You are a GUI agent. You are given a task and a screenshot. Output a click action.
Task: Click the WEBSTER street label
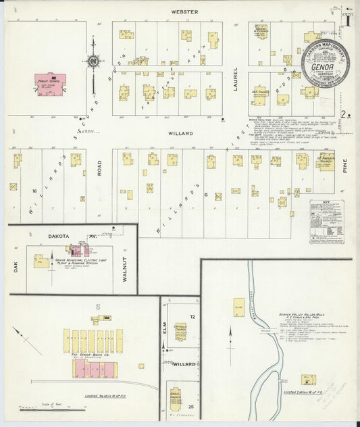pos(179,11)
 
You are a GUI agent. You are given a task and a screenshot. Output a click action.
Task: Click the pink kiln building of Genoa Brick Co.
pos(95,369)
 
